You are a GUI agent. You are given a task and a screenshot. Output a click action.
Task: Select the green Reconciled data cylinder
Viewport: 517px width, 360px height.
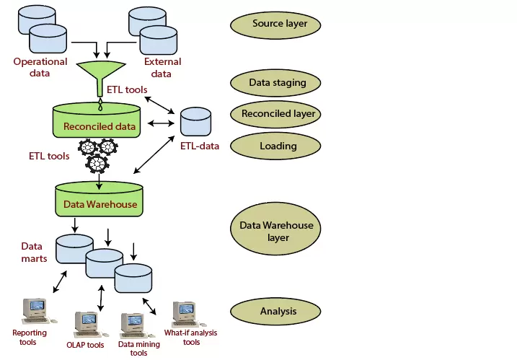97,121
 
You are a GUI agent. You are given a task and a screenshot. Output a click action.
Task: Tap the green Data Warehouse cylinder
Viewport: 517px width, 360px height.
97,200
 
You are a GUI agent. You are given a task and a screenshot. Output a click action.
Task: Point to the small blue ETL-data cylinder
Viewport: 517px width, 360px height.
195,120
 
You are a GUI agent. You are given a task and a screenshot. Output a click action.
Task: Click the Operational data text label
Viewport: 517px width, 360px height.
40,67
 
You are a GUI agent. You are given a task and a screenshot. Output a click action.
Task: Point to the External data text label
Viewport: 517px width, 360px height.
163,67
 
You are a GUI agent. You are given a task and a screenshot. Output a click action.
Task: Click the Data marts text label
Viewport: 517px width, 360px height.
34,252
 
